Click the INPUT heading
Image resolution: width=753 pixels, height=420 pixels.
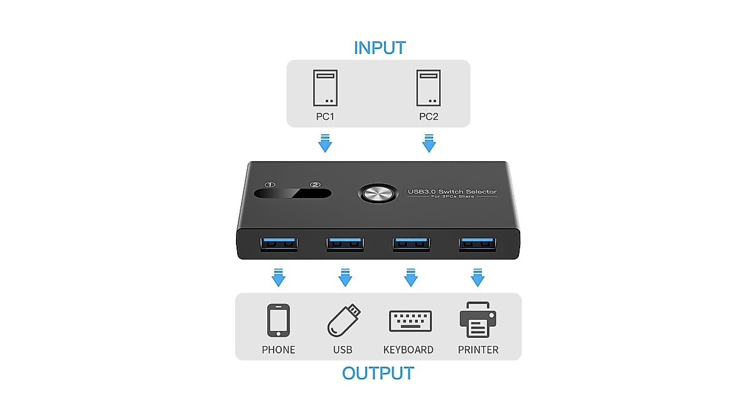coord(380,48)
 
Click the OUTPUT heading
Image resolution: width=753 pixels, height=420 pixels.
coord(378,374)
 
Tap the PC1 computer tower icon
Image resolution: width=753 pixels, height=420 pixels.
coord(325,88)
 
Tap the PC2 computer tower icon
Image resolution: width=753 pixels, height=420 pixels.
coord(429,88)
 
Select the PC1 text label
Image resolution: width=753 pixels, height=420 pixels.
coord(325,117)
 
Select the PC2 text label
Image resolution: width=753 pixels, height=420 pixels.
coord(429,117)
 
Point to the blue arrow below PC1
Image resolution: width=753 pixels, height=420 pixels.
coord(325,143)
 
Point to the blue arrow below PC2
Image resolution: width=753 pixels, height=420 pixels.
coord(429,143)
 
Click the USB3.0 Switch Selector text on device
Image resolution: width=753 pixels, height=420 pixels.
coord(452,191)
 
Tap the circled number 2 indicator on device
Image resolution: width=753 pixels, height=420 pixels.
coord(315,185)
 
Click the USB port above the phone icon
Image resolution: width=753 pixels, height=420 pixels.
coord(279,243)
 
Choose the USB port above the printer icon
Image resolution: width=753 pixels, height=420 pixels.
coord(478,243)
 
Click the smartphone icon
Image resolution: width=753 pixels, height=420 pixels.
coord(278,320)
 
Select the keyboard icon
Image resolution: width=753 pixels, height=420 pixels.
coord(409,320)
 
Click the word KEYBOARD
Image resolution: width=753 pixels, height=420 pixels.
coord(409,350)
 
